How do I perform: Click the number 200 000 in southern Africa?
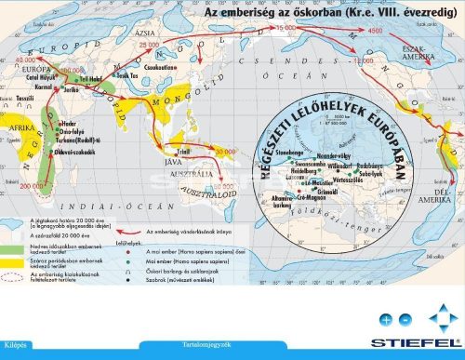(x=31, y=185)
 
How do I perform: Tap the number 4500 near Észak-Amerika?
(x=376, y=32)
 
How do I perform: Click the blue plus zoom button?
(x=386, y=319)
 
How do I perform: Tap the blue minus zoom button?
(x=405, y=319)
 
